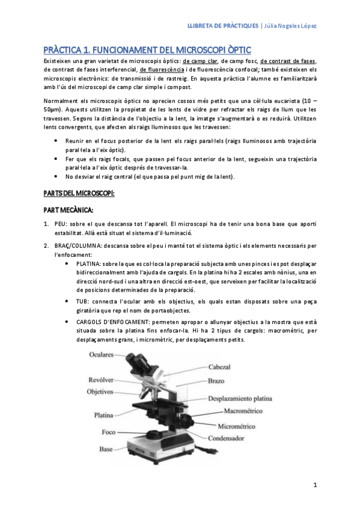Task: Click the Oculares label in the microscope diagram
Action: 102,355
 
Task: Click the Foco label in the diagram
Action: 109,432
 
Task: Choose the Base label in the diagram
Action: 107,449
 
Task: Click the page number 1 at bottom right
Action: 314,485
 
